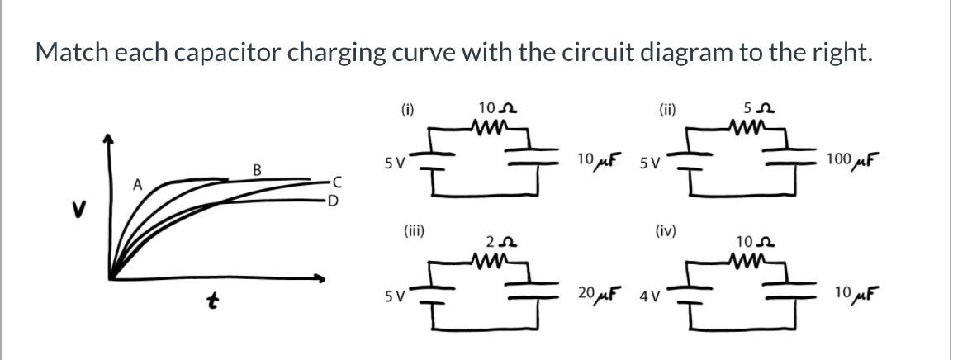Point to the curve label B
(256, 171)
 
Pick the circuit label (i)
(407, 107)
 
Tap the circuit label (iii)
(413, 232)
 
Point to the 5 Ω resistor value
(753, 107)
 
